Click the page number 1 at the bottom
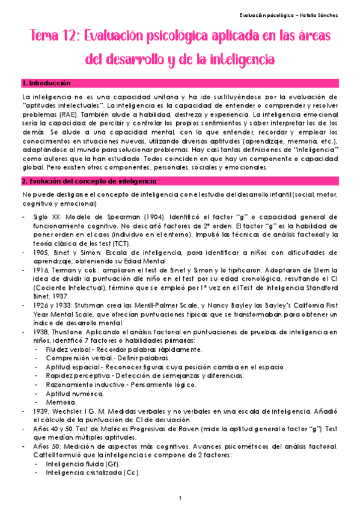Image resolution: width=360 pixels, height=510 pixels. (x=180, y=499)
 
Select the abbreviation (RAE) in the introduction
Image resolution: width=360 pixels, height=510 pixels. (x=67, y=114)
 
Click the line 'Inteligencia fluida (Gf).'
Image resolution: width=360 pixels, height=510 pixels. (x=83, y=464)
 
